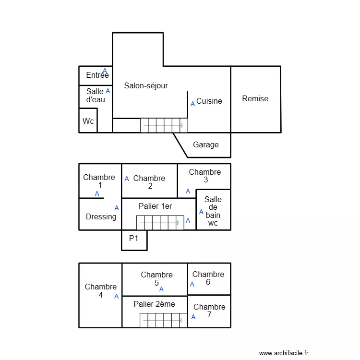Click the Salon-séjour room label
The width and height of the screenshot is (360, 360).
click(x=146, y=86)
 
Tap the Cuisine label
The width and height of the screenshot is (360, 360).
click(x=209, y=101)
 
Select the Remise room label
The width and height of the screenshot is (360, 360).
click(x=255, y=99)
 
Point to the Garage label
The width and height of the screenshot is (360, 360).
click(x=206, y=145)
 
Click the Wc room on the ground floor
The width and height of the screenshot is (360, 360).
click(x=88, y=121)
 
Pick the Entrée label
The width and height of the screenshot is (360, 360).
click(x=97, y=75)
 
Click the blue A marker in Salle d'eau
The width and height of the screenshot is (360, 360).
click(x=108, y=91)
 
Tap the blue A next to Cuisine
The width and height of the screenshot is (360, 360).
click(x=193, y=104)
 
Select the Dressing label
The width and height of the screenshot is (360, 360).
click(x=101, y=217)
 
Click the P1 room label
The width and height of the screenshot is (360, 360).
click(x=133, y=238)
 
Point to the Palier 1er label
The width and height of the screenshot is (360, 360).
click(x=155, y=206)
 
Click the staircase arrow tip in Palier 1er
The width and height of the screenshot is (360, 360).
click(x=179, y=223)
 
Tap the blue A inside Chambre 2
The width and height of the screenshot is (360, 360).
click(x=127, y=179)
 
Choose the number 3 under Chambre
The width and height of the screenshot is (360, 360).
click(x=206, y=180)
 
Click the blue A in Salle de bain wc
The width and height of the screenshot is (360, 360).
click(x=201, y=212)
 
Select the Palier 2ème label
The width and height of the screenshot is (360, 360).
click(x=154, y=304)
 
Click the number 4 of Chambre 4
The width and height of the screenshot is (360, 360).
click(x=101, y=295)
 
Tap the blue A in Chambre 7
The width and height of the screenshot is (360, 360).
click(x=193, y=317)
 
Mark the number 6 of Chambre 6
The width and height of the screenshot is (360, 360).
click(x=208, y=282)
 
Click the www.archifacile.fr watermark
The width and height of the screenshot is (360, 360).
click(x=284, y=353)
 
